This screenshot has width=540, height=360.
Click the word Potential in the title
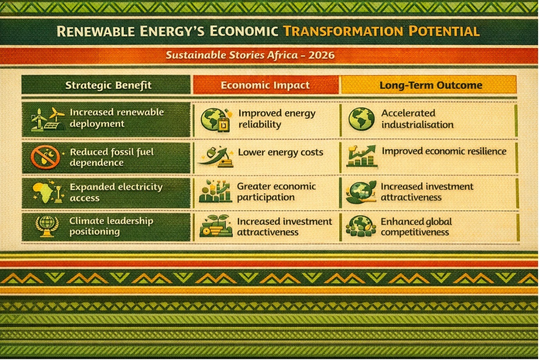click(444, 31)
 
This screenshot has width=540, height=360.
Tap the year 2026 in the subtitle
click(322, 55)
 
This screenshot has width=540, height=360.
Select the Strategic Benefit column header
click(108, 85)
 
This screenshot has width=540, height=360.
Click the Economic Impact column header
click(265, 85)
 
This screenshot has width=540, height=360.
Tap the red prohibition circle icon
click(45, 157)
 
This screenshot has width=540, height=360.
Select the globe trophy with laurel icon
click(47, 226)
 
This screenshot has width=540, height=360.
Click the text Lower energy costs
click(281, 152)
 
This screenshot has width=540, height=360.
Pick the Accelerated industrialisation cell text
click(417, 119)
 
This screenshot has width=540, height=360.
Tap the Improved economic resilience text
click(444, 151)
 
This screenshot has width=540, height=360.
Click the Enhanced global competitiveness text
click(416, 227)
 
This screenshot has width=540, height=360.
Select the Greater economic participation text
click(276, 192)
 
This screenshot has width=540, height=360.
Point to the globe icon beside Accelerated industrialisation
click(361, 119)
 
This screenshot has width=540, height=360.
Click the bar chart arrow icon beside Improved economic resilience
click(362, 156)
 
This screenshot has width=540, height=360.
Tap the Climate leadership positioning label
click(111, 226)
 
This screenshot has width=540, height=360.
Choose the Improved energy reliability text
click(277, 119)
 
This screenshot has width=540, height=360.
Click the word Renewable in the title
click(96, 31)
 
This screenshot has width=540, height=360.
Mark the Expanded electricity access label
click(116, 192)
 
